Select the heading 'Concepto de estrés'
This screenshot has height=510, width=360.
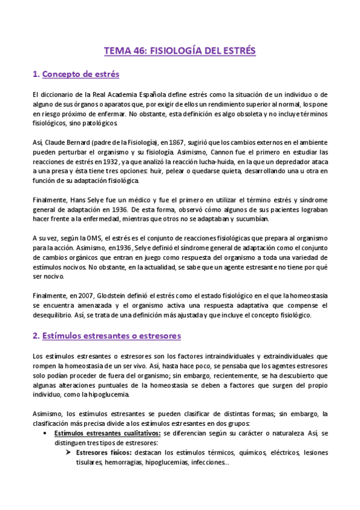point(83,75)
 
